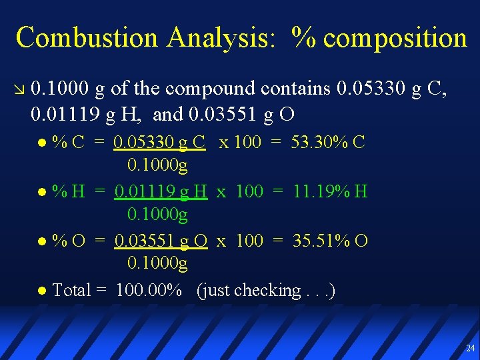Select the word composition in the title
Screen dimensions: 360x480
point(395,39)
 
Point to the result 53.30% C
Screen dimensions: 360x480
point(328,142)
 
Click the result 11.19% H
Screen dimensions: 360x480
point(330,191)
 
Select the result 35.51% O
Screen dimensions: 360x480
point(330,240)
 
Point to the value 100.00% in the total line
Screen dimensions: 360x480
point(149,290)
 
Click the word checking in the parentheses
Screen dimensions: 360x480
point(267,291)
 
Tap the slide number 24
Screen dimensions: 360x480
point(471,348)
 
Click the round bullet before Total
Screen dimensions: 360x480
point(43,291)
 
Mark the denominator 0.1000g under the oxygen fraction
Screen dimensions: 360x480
point(157,264)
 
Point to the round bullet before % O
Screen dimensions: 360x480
point(43,241)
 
